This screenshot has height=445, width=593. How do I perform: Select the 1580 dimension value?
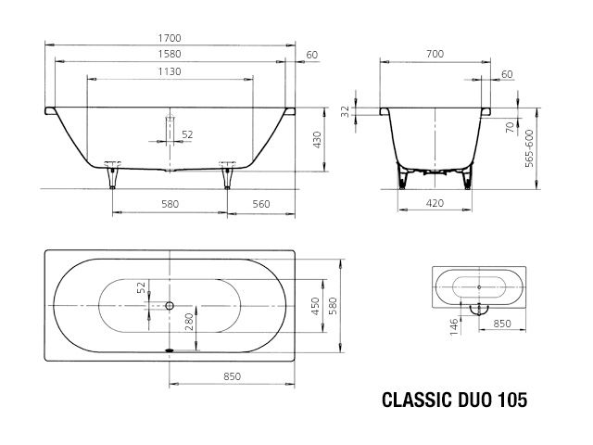click(169, 55)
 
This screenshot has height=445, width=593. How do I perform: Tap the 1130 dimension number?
click(169, 71)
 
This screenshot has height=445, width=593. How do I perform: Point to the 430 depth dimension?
click(316, 140)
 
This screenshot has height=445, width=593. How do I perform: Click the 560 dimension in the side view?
click(260, 204)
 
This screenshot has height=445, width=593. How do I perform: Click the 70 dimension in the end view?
click(509, 129)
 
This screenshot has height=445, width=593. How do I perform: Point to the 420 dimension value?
click(434, 204)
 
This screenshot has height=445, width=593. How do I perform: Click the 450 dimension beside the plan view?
click(316, 306)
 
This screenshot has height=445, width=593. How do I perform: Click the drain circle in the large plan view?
click(170, 306)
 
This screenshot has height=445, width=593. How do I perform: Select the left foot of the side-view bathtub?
click(113, 171)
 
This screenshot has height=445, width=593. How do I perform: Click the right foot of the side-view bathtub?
click(225, 171)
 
